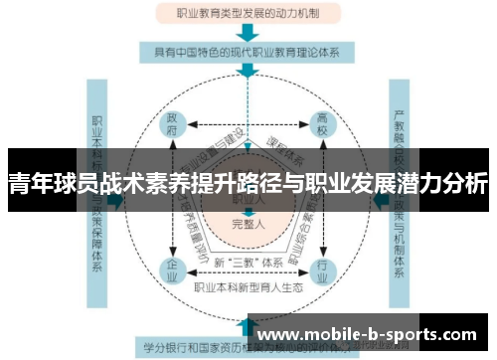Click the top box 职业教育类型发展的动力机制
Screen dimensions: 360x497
pos(248,14)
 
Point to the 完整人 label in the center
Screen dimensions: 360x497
pos(248,225)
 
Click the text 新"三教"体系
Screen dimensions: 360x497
pos(248,263)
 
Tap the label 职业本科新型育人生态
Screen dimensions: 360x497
pos(248,287)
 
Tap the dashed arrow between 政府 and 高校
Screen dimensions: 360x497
pos(248,124)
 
